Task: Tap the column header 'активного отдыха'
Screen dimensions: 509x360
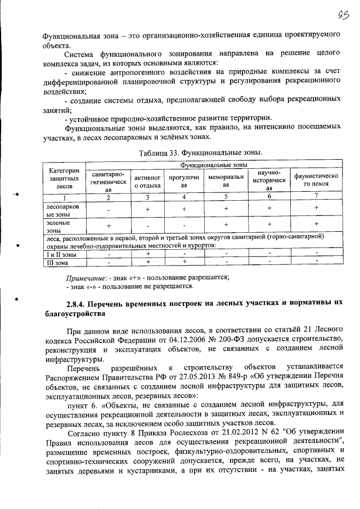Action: pos(147,182)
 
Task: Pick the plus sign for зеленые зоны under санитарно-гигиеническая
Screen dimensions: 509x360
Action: pos(108,226)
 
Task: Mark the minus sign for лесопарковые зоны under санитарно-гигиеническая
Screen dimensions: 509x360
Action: pos(108,210)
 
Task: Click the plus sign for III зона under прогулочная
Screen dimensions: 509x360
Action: pos(184,262)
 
